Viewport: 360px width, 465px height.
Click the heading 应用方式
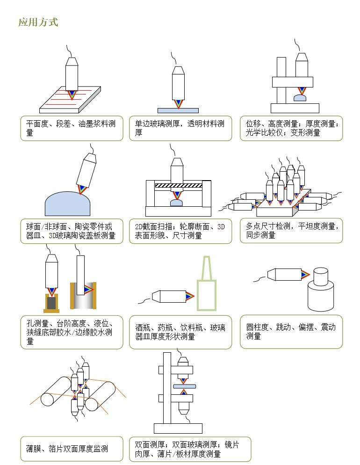pyautogui.click(x=38, y=22)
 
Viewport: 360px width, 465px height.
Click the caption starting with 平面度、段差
pyautogui.click(x=71, y=128)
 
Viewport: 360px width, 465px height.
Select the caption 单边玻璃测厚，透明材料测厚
pyautogui.click(x=180, y=128)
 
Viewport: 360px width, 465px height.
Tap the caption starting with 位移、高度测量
pyautogui.click(x=292, y=128)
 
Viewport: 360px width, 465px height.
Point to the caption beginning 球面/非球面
pyautogui.click(x=71, y=231)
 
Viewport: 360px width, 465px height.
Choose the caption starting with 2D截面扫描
pyautogui.click(x=180, y=231)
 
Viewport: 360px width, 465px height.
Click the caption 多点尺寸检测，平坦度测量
pyautogui.click(x=292, y=231)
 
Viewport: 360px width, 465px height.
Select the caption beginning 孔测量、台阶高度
pyautogui.click(x=69, y=332)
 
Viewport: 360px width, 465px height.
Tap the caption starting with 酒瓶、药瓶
pyautogui.click(x=180, y=332)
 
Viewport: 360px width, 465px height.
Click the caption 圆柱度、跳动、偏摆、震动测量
pyautogui.click(x=291, y=332)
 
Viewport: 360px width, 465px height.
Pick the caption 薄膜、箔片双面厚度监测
pyautogui.click(x=67, y=449)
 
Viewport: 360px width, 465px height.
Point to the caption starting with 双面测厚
pyautogui.click(x=187, y=449)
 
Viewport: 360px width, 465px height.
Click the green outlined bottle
pyautogui.click(x=207, y=283)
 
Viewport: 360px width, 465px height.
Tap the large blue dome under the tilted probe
pyautogui.click(x=67, y=204)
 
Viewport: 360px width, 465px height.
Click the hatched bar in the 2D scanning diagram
pyautogui.click(x=179, y=185)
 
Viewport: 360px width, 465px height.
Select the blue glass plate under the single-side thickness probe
pyautogui.click(x=178, y=110)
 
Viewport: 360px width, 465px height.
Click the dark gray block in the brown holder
pyautogui.click(x=51, y=303)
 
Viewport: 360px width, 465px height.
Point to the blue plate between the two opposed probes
pyautogui.click(x=184, y=386)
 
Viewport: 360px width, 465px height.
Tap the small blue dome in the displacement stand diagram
pyautogui.click(x=301, y=98)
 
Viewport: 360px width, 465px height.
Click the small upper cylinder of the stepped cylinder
pyautogui.click(x=321, y=276)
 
